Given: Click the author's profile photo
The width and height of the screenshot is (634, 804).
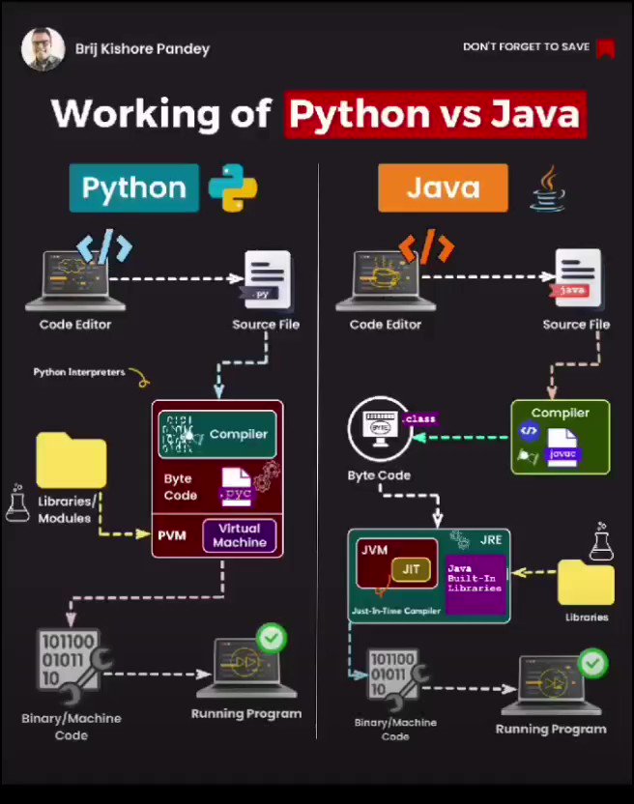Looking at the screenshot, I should tap(43, 48).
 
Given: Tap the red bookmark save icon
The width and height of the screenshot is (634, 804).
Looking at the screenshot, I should tap(605, 47).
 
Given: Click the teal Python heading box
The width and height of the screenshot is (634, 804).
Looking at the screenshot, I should tap(133, 187).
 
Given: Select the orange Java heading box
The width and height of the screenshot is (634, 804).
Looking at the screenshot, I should tap(443, 187).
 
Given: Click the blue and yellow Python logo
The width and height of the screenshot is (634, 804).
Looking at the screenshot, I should tap(233, 187).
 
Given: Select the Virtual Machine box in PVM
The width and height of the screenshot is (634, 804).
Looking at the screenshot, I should tap(239, 535).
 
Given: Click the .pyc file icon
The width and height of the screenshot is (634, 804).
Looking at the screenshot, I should tap(237, 486).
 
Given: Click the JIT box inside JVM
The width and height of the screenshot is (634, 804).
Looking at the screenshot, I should tap(411, 568).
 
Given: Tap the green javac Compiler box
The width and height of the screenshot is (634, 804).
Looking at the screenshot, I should tap(560, 437).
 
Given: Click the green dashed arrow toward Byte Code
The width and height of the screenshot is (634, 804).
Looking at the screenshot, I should tap(474, 438).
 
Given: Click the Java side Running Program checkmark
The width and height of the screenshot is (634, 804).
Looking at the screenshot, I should tap(591, 663).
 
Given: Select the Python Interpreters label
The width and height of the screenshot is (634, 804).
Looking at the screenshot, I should tap(79, 372).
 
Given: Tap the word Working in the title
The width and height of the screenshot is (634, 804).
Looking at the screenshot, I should tap(160, 114).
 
